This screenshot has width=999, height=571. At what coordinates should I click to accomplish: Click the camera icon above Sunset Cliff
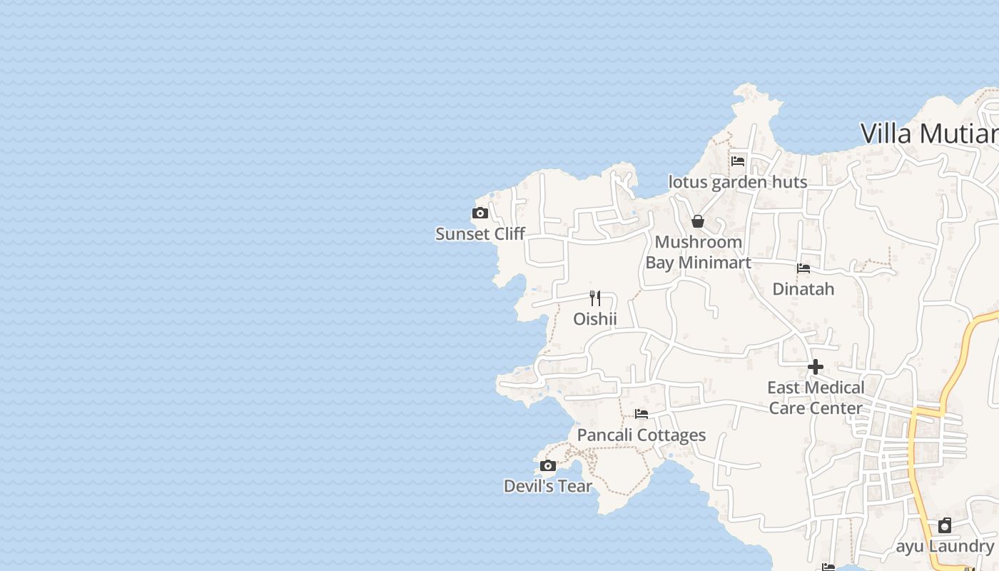(x=480, y=213)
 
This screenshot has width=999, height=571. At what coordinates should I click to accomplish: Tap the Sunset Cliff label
(x=480, y=234)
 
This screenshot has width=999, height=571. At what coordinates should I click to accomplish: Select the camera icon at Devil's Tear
(x=548, y=466)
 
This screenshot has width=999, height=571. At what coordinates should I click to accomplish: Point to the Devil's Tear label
(x=548, y=486)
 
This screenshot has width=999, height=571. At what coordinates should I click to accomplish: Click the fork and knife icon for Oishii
(x=595, y=298)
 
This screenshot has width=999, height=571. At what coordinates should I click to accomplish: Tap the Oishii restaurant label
(x=595, y=319)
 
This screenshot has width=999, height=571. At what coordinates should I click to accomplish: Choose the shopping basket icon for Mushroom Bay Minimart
(x=698, y=221)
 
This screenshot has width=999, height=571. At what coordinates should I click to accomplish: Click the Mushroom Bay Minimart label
(x=698, y=252)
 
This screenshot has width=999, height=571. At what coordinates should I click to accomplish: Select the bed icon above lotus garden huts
(x=738, y=161)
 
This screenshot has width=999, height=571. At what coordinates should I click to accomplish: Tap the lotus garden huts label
(x=738, y=182)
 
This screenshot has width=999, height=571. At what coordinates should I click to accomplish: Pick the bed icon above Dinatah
(x=803, y=268)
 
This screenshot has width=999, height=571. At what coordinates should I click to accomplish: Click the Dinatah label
(x=803, y=290)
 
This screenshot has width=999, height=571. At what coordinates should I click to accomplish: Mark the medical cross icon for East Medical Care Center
(x=815, y=367)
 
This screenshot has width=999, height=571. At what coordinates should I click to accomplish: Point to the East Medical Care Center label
(x=815, y=398)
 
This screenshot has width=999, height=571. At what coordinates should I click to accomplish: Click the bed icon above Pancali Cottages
(x=642, y=414)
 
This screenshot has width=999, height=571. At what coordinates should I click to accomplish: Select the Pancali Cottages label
(x=642, y=435)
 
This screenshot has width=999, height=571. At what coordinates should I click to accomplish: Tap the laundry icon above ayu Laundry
(x=945, y=525)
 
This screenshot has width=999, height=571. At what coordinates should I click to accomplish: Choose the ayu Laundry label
(x=945, y=547)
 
